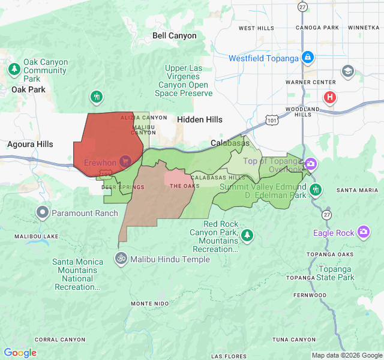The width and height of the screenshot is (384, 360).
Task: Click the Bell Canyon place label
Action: click(174, 35)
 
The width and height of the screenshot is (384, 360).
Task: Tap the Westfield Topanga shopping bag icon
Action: click(307, 58)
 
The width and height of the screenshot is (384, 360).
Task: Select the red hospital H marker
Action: click(329, 97)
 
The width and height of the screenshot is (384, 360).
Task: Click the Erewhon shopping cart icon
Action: click(125, 161)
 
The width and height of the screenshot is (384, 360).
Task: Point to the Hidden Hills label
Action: click(199, 119)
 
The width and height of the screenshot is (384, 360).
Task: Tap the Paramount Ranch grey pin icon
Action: click(43, 212)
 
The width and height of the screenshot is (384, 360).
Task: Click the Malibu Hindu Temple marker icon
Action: click(121, 259)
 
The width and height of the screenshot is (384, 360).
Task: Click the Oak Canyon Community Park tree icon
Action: click(14, 70)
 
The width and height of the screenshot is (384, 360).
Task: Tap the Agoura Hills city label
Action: click(30, 144)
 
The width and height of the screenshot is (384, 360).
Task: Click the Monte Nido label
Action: click(149, 304)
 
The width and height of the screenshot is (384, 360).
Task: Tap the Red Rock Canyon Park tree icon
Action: click(247, 235)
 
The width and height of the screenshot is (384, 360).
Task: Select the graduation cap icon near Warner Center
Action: click(347, 71)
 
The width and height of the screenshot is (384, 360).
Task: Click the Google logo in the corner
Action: click(20, 353)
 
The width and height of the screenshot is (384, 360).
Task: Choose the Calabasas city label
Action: click(230, 143)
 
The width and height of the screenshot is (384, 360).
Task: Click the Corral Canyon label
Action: click(60, 340)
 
